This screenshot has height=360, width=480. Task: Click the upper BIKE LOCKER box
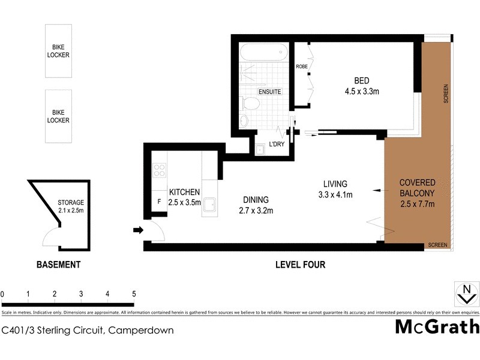(x=58, y=50)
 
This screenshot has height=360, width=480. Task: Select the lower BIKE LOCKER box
(x=58, y=116)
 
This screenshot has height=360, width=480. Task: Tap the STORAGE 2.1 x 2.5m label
(x=70, y=206)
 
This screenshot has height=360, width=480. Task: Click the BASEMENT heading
(x=58, y=265)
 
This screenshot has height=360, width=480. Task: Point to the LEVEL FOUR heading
(x=300, y=265)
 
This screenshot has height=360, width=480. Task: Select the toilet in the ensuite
(x=251, y=104)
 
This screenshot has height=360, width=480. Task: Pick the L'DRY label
(x=276, y=144)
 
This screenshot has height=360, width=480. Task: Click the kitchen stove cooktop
(x=160, y=170)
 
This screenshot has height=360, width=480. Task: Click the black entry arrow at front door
(x=137, y=230)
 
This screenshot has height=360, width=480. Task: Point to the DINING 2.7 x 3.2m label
(x=256, y=205)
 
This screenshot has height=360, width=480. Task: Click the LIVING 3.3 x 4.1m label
(x=335, y=189)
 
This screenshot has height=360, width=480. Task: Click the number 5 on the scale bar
(x=134, y=294)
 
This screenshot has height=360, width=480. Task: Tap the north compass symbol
(x=466, y=294)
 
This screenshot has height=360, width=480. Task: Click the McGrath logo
(x=437, y=327)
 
